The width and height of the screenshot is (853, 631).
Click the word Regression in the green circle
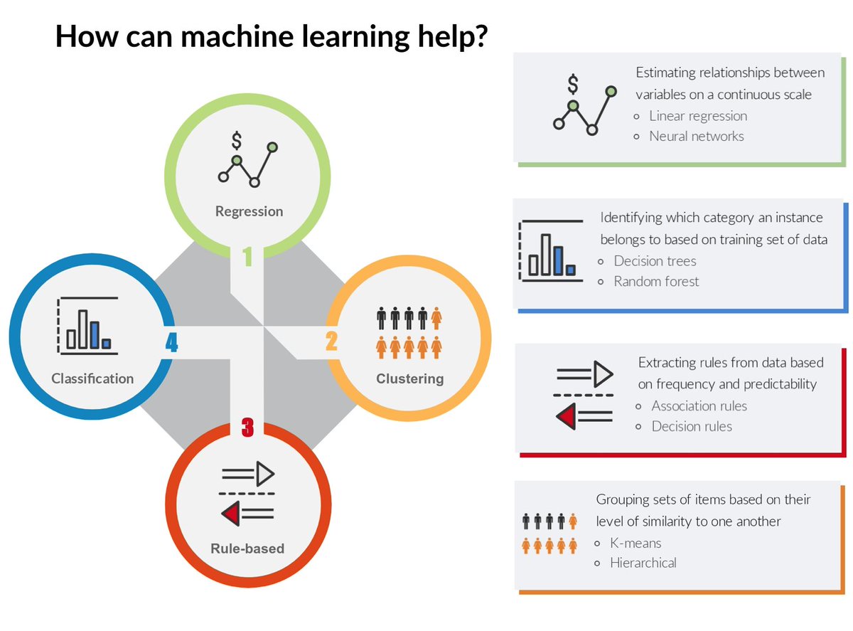click(249, 211)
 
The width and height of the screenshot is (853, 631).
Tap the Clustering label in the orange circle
click(409, 378)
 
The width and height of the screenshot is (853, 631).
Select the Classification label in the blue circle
click(92, 378)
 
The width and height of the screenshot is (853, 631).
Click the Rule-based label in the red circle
click(247, 548)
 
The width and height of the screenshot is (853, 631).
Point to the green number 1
click(247, 256)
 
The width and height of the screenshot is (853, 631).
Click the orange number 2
click(331, 342)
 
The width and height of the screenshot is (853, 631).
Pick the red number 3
click(247, 428)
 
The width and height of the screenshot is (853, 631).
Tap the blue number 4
click(171, 344)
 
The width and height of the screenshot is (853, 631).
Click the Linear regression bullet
click(698, 115)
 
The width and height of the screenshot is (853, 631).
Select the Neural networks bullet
click(696, 135)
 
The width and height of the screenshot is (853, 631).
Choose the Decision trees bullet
click(655, 260)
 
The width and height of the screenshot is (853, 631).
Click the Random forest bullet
click(656, 281)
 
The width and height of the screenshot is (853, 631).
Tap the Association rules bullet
click(699, 405)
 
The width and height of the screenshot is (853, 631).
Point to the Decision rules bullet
click(691, 426)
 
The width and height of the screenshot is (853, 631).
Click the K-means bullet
click(635, 543)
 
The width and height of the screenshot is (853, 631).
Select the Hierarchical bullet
click(643, 563)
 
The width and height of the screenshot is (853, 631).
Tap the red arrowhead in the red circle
click(230, 513)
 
